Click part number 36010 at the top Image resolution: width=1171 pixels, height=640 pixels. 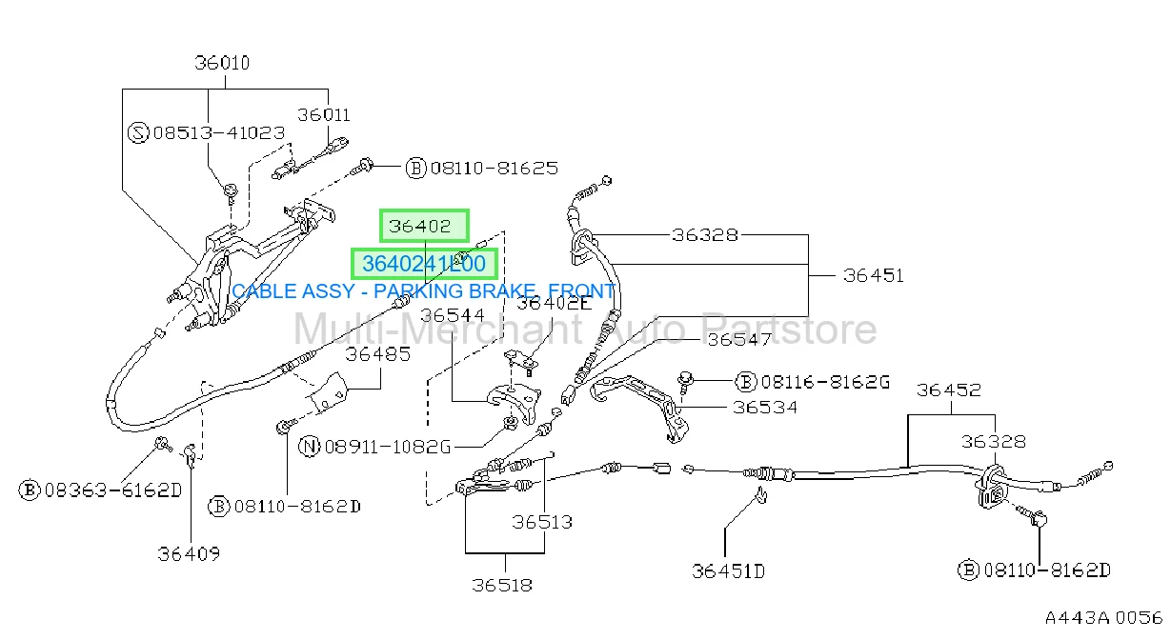[222, 63]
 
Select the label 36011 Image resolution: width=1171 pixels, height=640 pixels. [324, 115]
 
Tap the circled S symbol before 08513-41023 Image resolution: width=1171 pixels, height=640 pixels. [138, 132]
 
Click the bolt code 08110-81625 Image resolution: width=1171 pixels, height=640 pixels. [494, 169]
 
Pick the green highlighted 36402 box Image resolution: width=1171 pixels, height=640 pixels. [424, 226]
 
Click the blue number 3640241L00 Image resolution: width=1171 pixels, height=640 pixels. [424, 264]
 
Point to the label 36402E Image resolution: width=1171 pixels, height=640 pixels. [555, 304]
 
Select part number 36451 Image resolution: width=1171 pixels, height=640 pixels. [873, 275]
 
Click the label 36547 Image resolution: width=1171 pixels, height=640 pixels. [739, 340]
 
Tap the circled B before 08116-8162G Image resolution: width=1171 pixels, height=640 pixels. [746, 381]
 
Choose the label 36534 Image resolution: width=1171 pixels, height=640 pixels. [765, 407]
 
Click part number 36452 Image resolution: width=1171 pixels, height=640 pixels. [948, 390]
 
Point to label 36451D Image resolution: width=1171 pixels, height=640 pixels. [728, 571]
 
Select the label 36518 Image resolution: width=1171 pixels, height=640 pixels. [502, 585]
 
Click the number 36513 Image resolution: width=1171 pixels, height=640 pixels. [542, 522]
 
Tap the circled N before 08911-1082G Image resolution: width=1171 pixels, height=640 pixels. [309, 447]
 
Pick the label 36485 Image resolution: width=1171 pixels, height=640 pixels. [377, 354]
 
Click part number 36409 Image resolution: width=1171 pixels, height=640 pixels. [189, 553]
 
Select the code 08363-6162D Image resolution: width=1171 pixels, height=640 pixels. [113, 490]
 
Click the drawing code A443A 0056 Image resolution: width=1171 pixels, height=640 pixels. [1103, 618]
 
